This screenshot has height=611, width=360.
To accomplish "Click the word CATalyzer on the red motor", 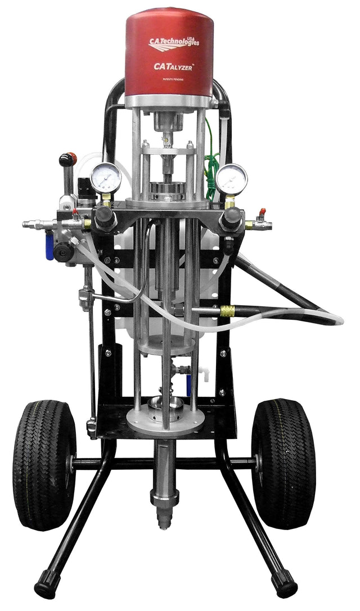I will pos(174,66).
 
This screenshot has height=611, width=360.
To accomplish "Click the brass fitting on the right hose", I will pos(227,311).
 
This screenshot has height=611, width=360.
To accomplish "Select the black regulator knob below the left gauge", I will pos(105,219).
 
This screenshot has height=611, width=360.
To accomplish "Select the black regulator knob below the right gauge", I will pos(231,219).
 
